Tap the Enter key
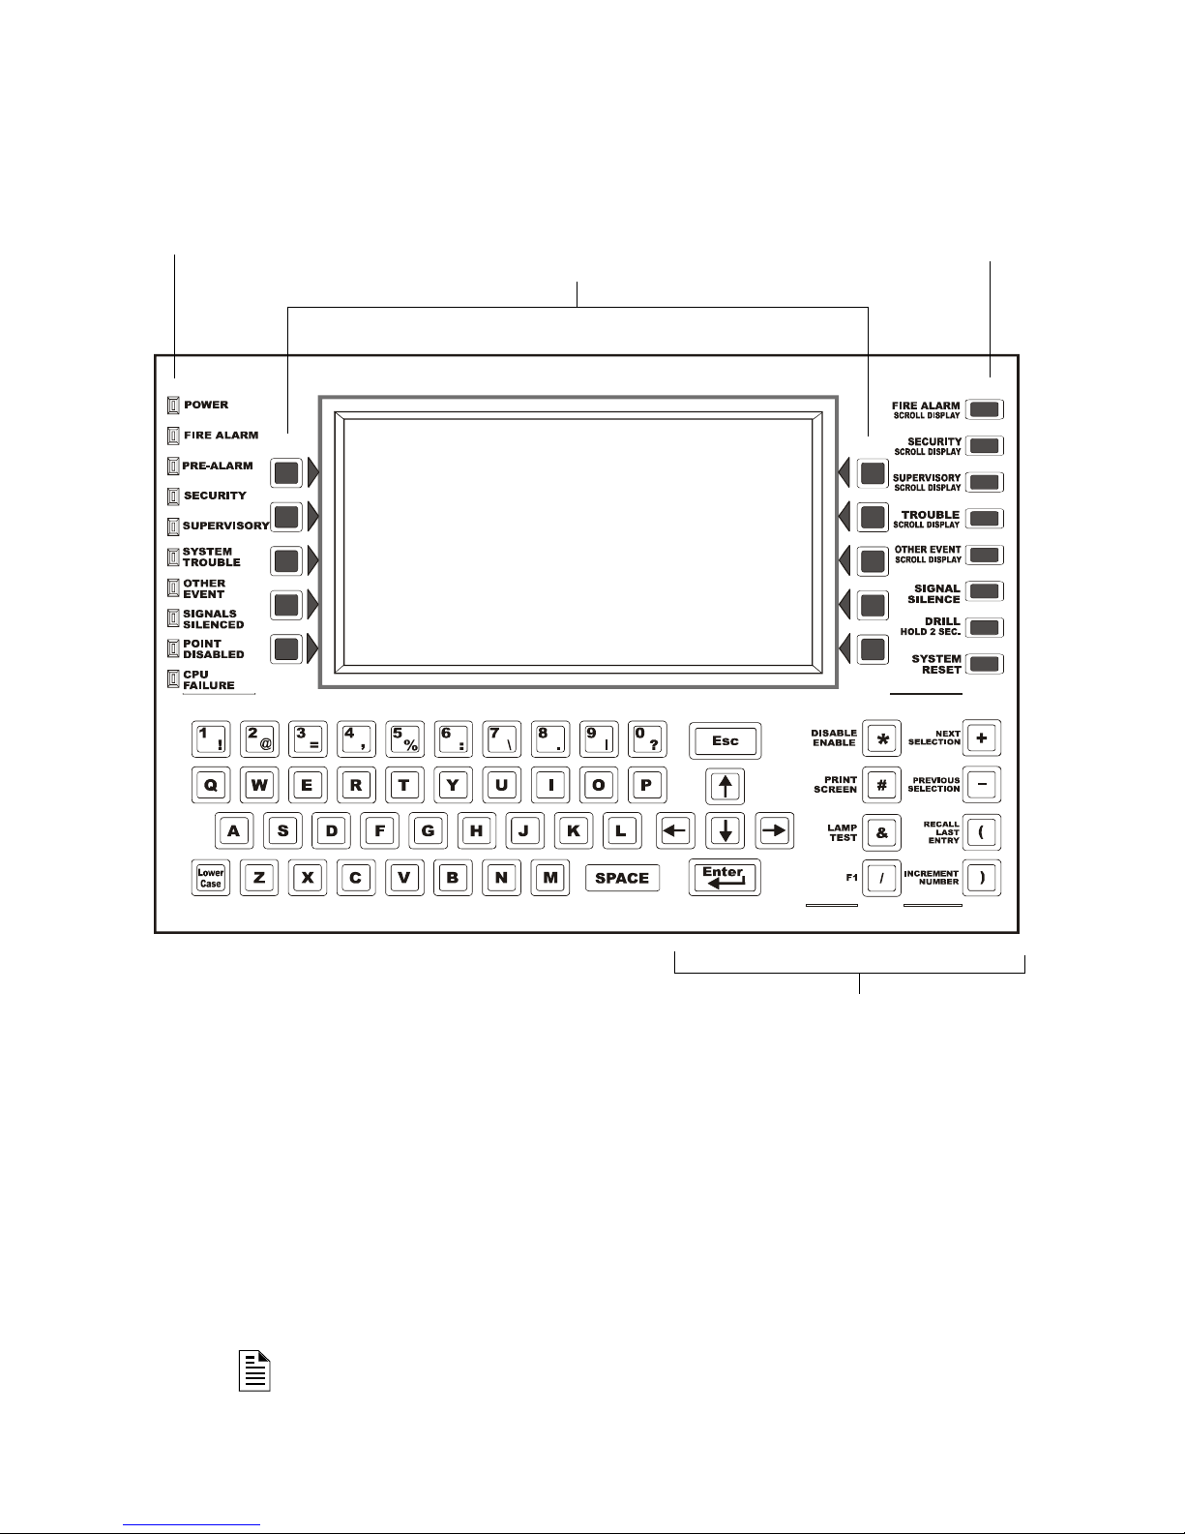(725, 877)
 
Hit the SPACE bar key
(622, 878)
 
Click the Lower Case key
(211, 878)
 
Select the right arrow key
(774, 830)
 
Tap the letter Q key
(211, 785)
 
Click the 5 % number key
(405, 739)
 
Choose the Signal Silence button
(985, 591)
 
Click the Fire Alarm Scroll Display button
(985, 408)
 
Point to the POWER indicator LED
(174, 405)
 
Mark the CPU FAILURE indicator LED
(174, 678)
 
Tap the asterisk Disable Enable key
(881, 738)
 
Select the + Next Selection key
(982, 738)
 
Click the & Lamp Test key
(881, 831)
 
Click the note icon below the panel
(254, 1370)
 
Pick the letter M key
(550, 878)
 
